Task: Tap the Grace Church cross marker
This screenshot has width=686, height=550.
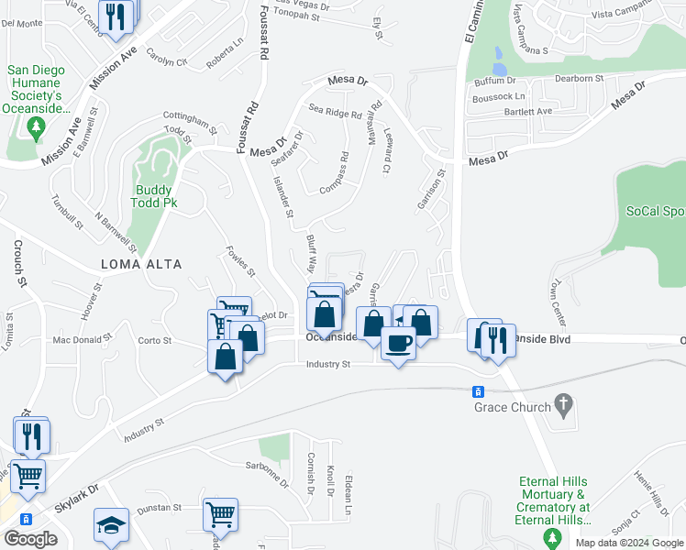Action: point(564,403)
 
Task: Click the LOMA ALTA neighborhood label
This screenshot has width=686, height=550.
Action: point(141,264)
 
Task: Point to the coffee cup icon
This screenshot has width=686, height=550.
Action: point(397,343)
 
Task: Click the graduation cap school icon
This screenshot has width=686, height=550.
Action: point(111,525)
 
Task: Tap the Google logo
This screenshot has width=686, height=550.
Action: point(30,539)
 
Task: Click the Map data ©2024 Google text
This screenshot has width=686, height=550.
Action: point(628,543)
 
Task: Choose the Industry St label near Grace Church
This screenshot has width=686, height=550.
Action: point(328,365)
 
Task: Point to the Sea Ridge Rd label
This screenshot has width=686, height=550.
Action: point(335,113)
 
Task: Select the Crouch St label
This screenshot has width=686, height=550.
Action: point(17,262)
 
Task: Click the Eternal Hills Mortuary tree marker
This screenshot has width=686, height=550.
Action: point(552,535)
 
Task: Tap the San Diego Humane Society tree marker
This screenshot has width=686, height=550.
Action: point(38,129)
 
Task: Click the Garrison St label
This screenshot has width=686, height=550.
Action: point(431,188)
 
